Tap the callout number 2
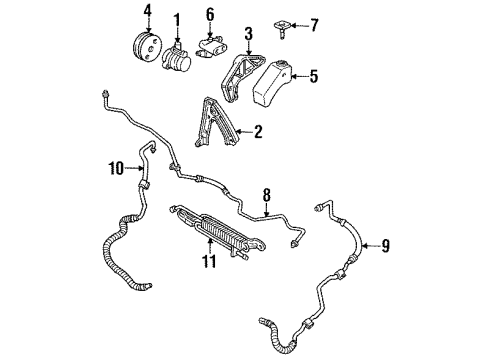[x=257, y=131]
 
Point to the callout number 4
[x=147, y=12]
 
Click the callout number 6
[x=210, y=14]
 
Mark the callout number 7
[x=316, y=20]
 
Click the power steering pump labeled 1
[x=181, y=55]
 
